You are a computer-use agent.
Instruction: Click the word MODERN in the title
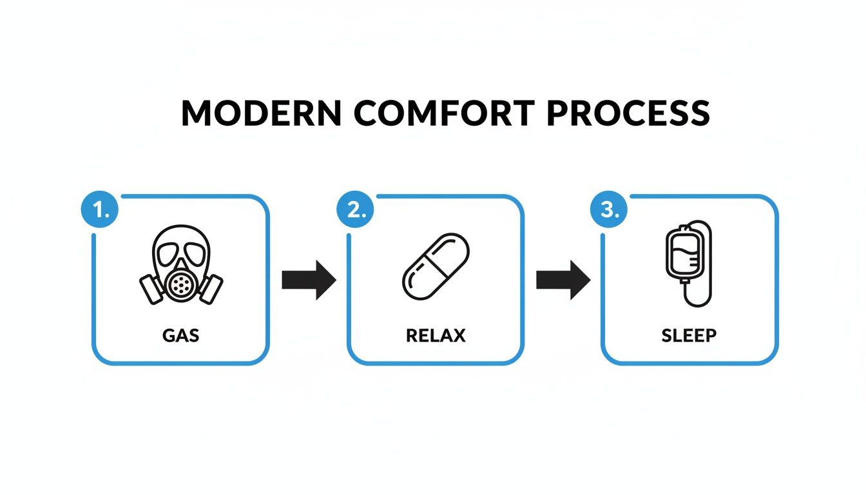click(x=261, y=113)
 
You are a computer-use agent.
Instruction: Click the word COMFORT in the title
click(x=444, y=113)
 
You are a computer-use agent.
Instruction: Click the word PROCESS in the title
click(x=628, y=113)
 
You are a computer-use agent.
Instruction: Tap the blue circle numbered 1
click(x=100, y=209)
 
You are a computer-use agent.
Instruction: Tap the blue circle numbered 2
click(x=355, y=209)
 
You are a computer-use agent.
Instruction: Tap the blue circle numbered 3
click(x=609, y=209)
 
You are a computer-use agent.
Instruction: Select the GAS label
click(x=181, y=336)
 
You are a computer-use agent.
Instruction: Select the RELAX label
click(x=436, y=336)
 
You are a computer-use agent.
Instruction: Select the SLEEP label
click(x=689, y=336)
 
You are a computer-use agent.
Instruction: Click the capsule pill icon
click(x=436, y=266)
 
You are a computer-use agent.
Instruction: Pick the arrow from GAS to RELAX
click(x=309, y=280)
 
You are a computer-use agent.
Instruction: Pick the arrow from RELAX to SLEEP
click(x=563, y=280)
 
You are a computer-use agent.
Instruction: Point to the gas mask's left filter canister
click(x=152, y=289)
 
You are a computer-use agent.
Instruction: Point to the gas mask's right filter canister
click(x=210, y=289)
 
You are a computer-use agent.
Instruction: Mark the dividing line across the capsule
click(x=436, y=266)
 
